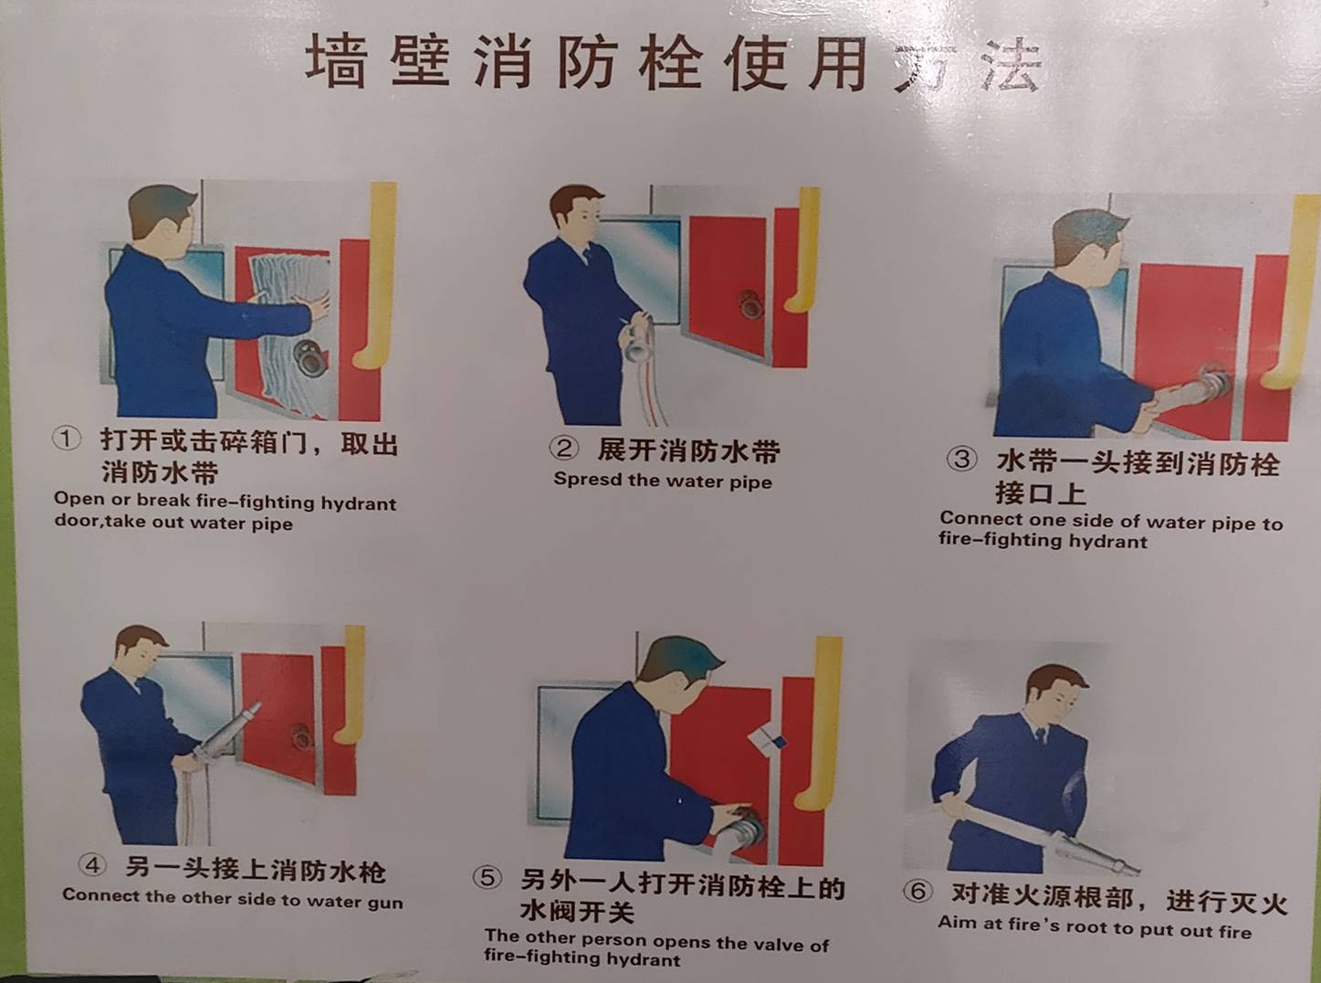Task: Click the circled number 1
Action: click(67, 439)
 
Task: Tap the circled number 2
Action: click(563, 449)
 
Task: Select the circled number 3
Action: click(962, 459)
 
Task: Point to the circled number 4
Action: click(92, 865)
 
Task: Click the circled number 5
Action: click(488, 878)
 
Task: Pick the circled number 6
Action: click(917, 892)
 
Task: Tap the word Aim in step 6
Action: click(953, 923)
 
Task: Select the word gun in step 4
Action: click(385, 904)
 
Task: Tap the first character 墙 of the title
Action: click(335, 61)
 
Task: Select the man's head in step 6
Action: click(1057, 691)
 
